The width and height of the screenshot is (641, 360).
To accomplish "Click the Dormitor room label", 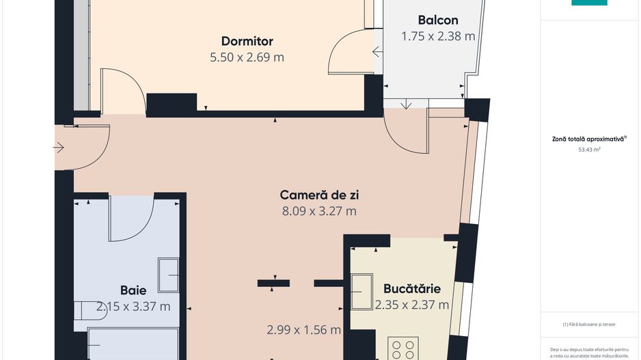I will [x=247, y=41].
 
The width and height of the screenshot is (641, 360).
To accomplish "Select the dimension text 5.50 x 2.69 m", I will [x=247, y=57].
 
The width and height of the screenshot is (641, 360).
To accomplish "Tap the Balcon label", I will [x=438, y=20].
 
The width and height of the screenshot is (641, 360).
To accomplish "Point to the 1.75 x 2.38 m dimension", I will [x=438, y=37].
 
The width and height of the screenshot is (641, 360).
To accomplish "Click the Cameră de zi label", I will [x=320, y=195].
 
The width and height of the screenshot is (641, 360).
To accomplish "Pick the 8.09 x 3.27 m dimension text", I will [x=320, y=211].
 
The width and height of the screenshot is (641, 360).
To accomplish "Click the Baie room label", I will [x=133, y=290].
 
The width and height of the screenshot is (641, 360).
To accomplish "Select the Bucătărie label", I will [x=411, y=288].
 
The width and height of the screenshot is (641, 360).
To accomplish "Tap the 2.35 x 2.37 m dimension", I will [x=412, y=305].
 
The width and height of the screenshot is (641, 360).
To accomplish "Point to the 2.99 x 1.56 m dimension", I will [x=303, y=330].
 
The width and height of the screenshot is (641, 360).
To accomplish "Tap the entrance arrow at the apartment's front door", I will [x=58, y=147].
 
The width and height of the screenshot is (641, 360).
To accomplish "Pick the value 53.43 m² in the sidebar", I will [x=589, y=149].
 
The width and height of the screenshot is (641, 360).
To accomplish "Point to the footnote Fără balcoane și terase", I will [x=589, y=324].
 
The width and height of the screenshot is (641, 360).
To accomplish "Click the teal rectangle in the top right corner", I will [x=589, y=3].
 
